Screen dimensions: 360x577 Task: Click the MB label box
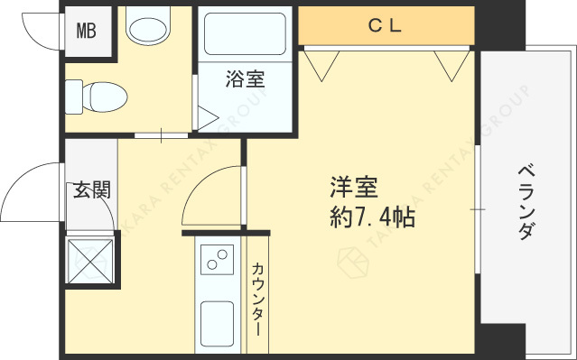click(87, 32)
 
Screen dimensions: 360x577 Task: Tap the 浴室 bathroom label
click(245, 78)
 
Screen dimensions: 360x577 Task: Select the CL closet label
click(386, 26)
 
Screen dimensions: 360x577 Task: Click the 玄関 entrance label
click(91, 189)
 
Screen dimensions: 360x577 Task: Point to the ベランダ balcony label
click(526, 203)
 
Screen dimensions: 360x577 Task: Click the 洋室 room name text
click(353, 188)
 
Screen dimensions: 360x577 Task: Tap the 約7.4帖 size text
click(359, 217)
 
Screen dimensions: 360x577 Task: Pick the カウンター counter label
click(258, 297)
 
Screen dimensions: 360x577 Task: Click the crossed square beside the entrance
click(91, 259)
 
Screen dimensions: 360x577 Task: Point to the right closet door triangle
click(449, 62)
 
